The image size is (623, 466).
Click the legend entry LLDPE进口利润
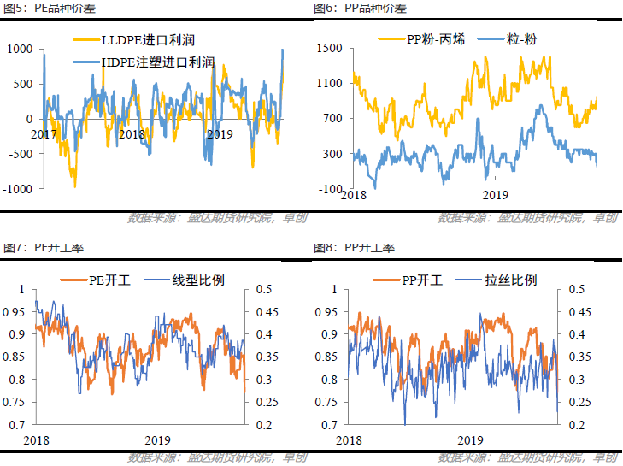coord(144,39)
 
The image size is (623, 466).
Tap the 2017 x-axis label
coord(44,134)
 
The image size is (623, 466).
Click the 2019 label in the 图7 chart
coord(158,439)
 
